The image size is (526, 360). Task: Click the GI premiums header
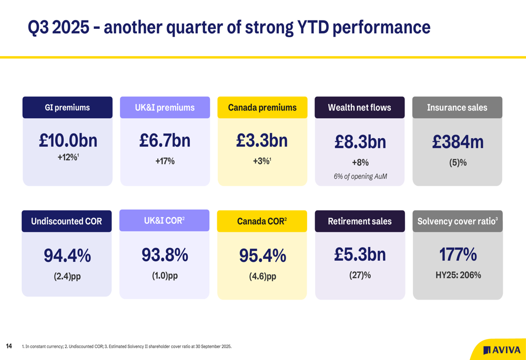[67, 108]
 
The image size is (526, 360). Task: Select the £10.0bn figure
[68, 140]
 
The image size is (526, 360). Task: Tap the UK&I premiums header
[165, 108]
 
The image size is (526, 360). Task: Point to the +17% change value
[165, 161]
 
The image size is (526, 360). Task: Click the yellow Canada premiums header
[262, 108]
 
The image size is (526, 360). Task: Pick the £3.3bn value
[262, 140]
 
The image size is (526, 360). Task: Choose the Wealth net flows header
[359, 108]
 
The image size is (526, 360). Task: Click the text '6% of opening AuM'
[360, 177]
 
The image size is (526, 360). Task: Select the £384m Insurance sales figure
[458, 142]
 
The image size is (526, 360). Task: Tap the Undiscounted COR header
[66, 221]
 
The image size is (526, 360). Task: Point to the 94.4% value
[67, 256]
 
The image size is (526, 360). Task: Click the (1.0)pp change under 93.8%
[165, 275]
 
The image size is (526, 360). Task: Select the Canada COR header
[262, 221]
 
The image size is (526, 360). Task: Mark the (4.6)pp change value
[262, 276]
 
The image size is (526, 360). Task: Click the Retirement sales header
[360, 221]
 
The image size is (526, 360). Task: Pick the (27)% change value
[360, 275]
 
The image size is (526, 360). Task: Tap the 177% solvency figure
[458, 255]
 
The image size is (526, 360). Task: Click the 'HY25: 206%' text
[458, 275]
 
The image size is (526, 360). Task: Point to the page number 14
[9, 346]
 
